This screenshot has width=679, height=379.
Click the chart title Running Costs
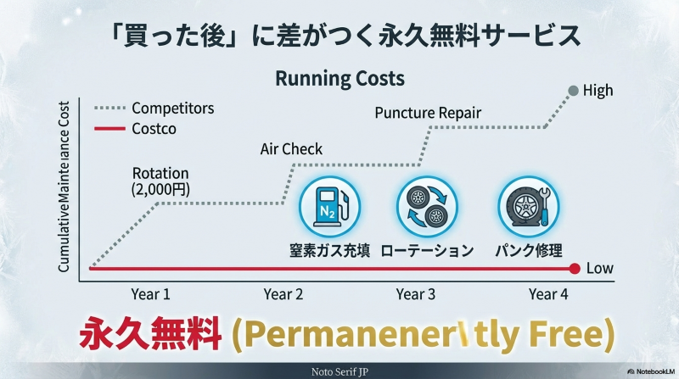(339, 79)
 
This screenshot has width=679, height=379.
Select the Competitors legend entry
(173, 109)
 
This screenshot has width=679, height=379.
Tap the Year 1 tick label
(150, 294)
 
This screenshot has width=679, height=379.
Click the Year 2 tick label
(283, 294)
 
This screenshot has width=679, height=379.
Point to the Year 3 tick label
(416, 294)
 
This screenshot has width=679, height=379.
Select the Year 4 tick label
(547, 294)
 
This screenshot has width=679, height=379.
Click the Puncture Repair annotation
(428, 113)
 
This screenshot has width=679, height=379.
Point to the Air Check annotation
(291, 149)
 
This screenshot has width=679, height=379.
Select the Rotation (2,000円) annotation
(160, 181)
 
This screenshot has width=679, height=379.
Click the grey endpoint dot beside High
(574, 91)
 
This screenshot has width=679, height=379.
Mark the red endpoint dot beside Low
(574, 269)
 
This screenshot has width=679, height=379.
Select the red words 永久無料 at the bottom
(150, 334)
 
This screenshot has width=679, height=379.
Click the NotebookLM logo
(650, 371)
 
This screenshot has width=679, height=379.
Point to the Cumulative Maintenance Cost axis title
(64, 187)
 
